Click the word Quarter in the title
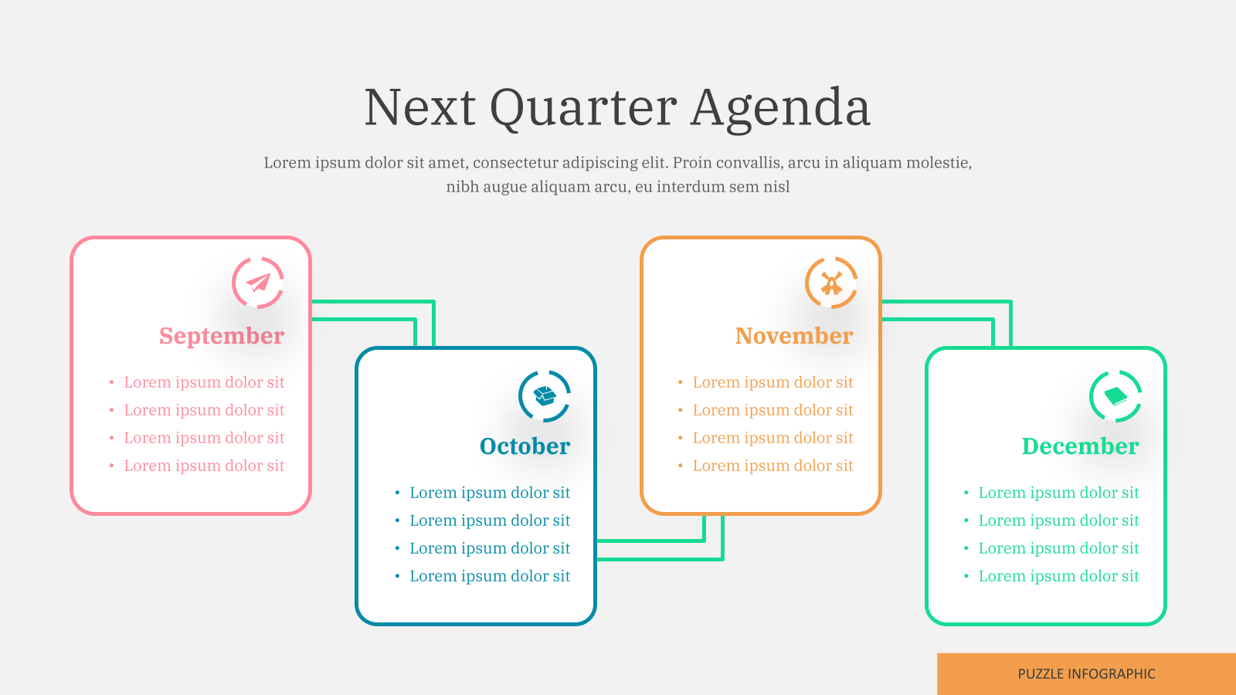point(583,109)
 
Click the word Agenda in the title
point(781,109)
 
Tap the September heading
point(222,336)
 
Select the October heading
point(525,446)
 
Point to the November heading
point(794,336)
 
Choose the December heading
point(1081,446)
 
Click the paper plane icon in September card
point(258,283)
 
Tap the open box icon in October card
point(545,395)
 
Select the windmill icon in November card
point(831,283)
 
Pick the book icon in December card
point(1115,396)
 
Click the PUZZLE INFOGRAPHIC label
point(1086,674)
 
